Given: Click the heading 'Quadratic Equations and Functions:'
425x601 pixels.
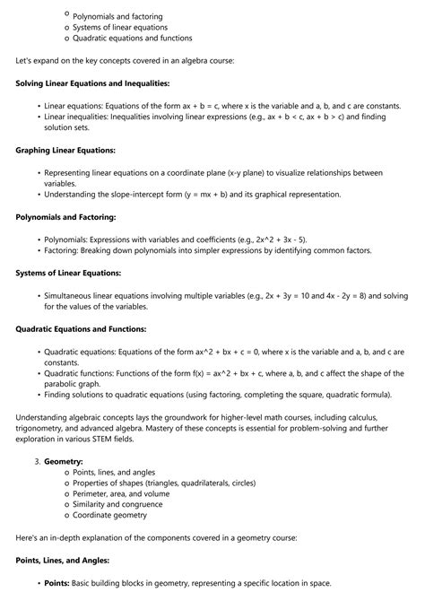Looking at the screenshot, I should pyautogui.click(x=81, y=329).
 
